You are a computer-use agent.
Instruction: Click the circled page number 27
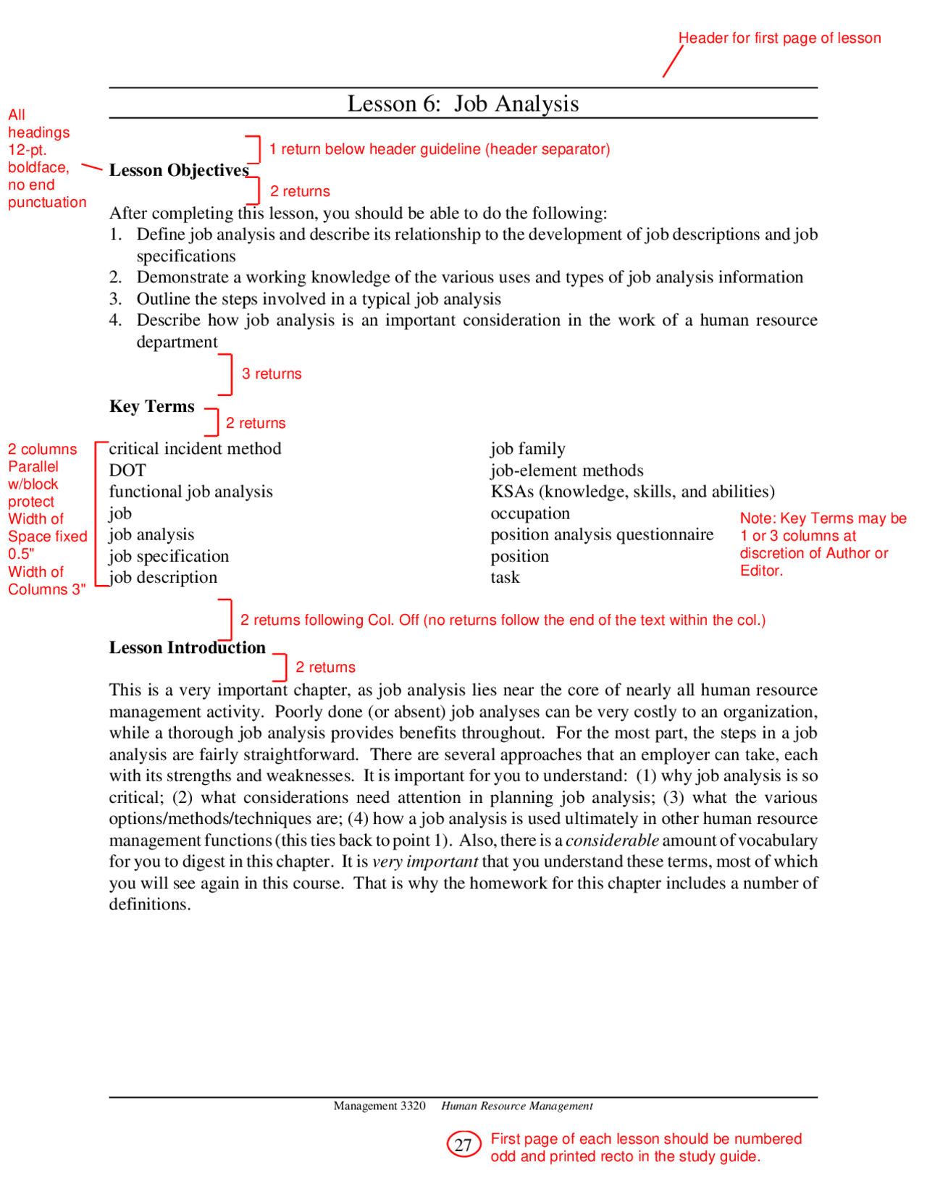463,1145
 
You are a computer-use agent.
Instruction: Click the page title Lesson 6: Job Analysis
463,104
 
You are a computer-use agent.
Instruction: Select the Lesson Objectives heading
179,170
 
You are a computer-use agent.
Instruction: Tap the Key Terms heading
152,406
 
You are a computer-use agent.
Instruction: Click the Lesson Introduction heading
187,647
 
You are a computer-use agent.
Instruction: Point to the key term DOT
127,471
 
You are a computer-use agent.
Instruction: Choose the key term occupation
529,513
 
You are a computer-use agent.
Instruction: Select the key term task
505,578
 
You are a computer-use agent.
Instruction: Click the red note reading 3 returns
272,374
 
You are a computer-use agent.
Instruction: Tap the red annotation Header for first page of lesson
779,38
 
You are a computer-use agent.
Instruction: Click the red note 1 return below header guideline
439,149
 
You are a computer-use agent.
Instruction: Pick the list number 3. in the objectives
116,299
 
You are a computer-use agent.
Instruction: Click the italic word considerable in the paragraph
612,841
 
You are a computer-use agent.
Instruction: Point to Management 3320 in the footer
379,1106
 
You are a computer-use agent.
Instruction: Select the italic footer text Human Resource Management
517,1106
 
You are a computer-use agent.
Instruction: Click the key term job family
527,449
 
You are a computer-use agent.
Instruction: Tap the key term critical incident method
195,449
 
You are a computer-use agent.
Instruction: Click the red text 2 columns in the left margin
42,450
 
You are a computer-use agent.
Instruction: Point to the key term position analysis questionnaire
601,534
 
